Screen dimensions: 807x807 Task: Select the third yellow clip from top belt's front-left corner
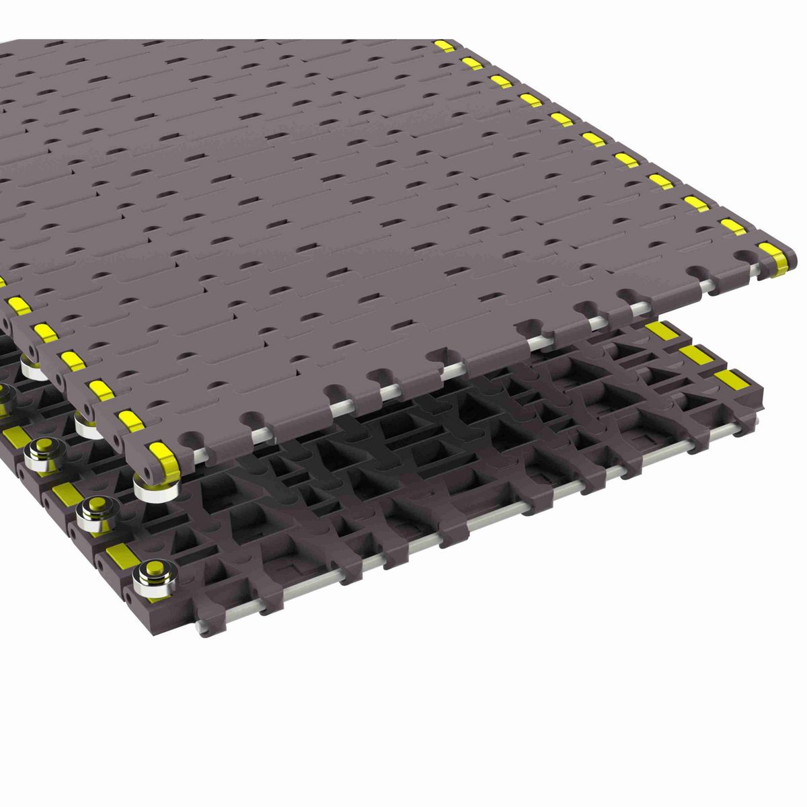[x=98, y=389]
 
